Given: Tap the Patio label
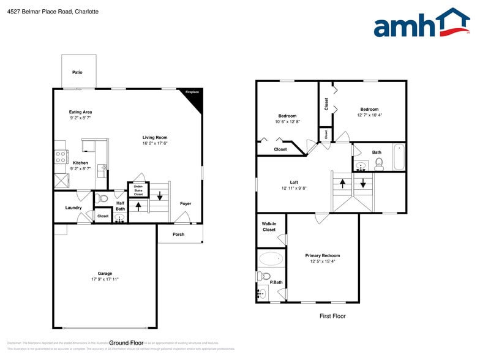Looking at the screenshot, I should click(x=77, y=72).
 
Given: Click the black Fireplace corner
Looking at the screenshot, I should click(x=195, y=97).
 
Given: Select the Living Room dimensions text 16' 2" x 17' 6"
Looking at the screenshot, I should click(x=155, y=143).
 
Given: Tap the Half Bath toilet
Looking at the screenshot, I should click(x=102, y=198).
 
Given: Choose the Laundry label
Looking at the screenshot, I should click(x=73, y=208).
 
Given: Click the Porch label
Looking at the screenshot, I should click(x=178, y=234).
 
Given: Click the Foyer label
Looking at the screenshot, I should click(x=185, y=204).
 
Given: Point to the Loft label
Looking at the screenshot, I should click(x=294, y=182).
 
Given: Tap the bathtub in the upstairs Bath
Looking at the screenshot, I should click(x=399, y=156).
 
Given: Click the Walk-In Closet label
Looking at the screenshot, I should click(x=269, y=227).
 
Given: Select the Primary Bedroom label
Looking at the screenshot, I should click(x=323, y=255).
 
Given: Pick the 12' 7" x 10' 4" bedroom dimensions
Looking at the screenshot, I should click(x=369, y=115).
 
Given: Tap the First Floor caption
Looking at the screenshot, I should click(x=332, y=316).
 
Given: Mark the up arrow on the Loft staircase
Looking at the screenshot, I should click(x=342, y=182).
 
